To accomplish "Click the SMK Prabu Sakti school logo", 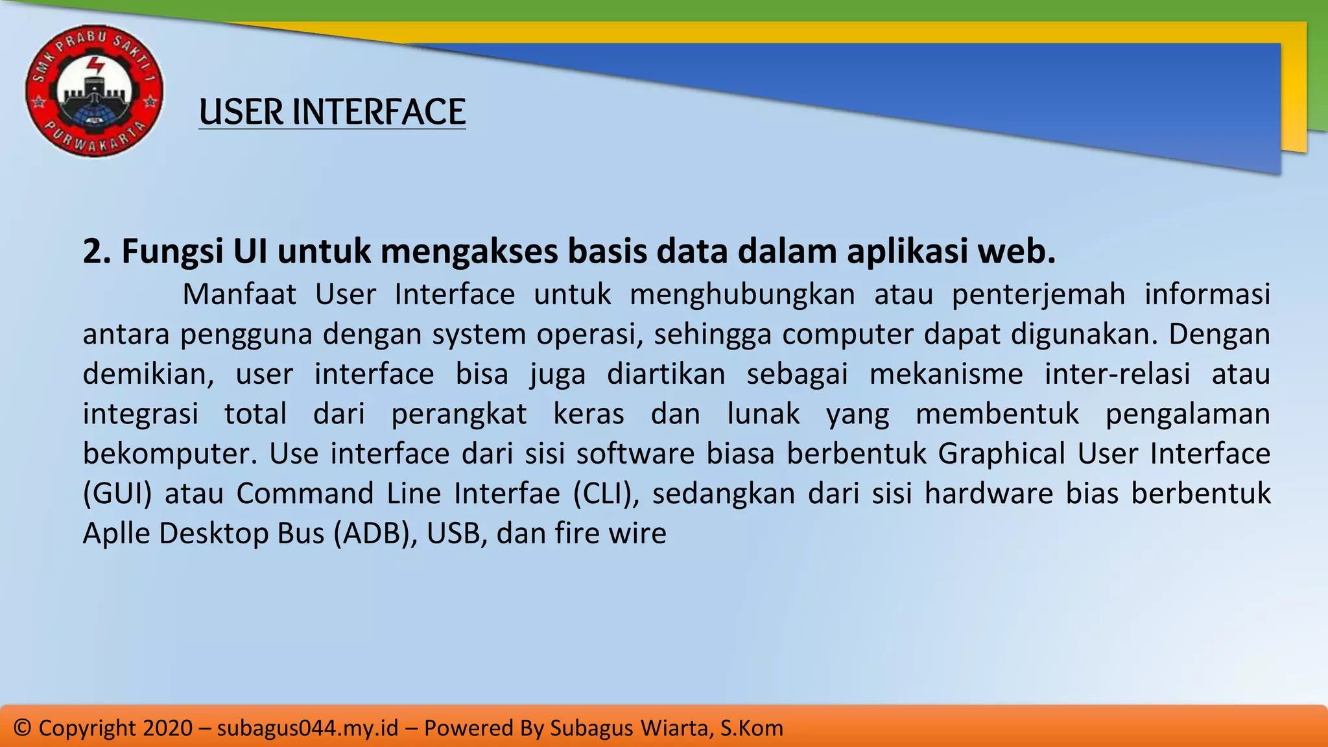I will (x=94, y=91).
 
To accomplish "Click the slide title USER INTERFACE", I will (x=332, y=112).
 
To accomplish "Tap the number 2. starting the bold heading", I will (x=97, y=252).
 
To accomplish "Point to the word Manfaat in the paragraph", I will (x=239, y=294).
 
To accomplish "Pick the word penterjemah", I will (x=1038, y=294).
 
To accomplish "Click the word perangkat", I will (x=459, y=414).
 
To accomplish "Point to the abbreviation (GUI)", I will (x=117, y=493).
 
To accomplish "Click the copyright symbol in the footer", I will (x=22, y=728).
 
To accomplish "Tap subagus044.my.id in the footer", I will (x=307, y=728).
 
